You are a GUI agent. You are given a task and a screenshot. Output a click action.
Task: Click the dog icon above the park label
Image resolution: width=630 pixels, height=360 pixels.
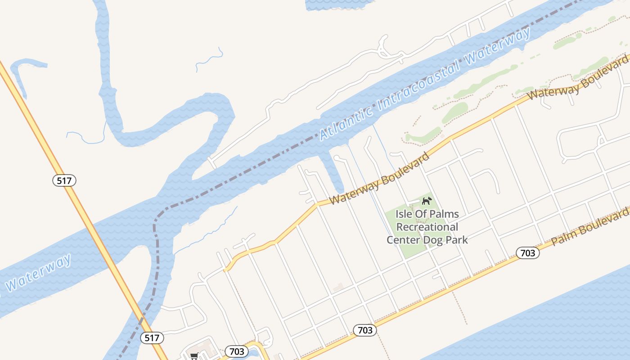point(426,200)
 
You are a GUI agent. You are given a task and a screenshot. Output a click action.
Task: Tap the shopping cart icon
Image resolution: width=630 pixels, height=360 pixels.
point(194,356)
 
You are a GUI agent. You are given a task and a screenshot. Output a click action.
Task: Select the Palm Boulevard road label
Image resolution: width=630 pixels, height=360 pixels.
point(590,226)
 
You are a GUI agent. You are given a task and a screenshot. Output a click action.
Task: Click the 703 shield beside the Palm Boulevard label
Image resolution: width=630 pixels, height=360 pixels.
point(527,253)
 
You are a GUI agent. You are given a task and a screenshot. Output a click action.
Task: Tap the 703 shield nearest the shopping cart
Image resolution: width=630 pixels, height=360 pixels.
point(236,351)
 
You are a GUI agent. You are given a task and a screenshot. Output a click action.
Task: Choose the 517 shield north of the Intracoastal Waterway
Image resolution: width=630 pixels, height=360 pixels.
point(64,180)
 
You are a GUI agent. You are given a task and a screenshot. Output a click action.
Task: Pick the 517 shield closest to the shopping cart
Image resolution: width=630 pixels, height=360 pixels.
point(152,337)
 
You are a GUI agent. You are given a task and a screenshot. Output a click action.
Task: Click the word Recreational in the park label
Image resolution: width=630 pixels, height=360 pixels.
point(427,227)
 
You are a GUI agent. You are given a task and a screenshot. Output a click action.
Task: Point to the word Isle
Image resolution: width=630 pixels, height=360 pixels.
point(405,214)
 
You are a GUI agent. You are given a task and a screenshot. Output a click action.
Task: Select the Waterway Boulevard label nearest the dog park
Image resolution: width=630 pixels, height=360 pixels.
point(379,179)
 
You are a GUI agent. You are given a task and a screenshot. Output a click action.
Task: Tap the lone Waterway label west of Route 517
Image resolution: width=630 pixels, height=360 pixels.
point(39,273)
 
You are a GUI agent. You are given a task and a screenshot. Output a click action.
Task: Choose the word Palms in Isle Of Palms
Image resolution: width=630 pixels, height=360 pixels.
point(444,214)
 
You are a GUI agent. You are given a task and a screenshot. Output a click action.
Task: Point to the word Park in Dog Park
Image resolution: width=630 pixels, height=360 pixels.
point(457,239)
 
